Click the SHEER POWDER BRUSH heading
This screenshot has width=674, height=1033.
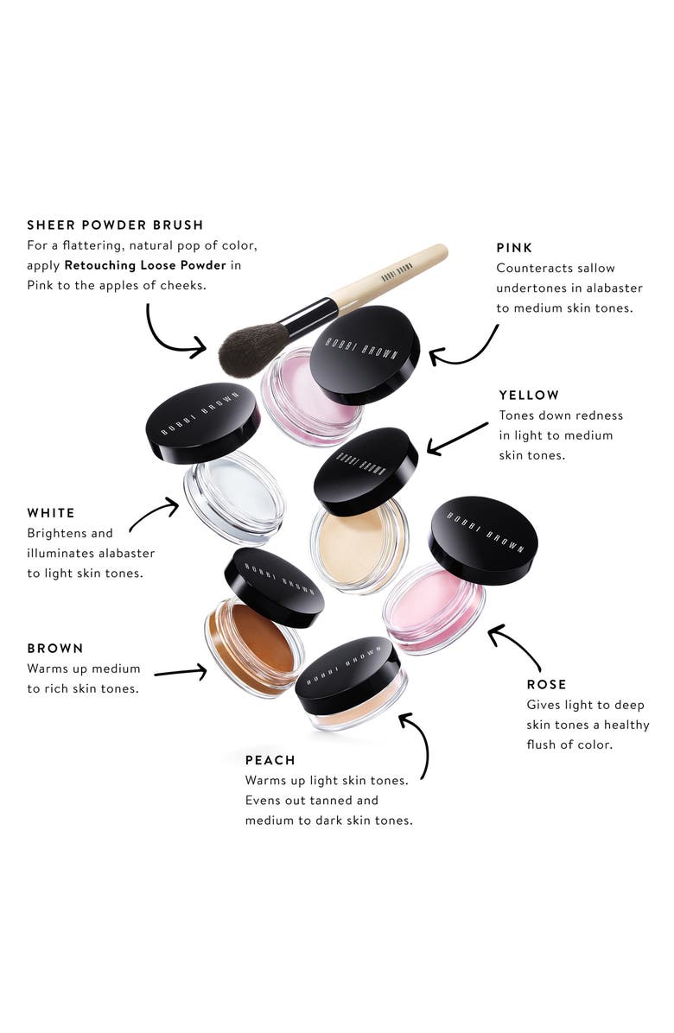point(115,225)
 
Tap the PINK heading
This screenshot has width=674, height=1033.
point(516,248)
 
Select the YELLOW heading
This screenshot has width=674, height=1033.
point(529,395)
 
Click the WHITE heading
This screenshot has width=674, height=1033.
point(51,513)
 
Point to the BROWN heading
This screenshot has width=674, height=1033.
point(55,648)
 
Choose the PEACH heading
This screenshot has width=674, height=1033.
point(270,760)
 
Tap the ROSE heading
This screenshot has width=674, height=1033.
point(546,684)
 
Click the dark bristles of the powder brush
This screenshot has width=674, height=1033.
point(251,345)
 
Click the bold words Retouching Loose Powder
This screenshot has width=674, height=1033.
point(144,265)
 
